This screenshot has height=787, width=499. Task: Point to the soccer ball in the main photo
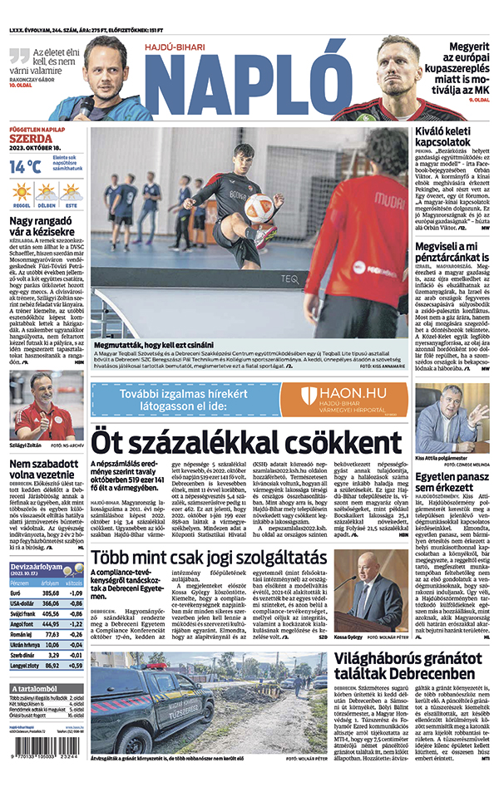click(259, 209)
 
